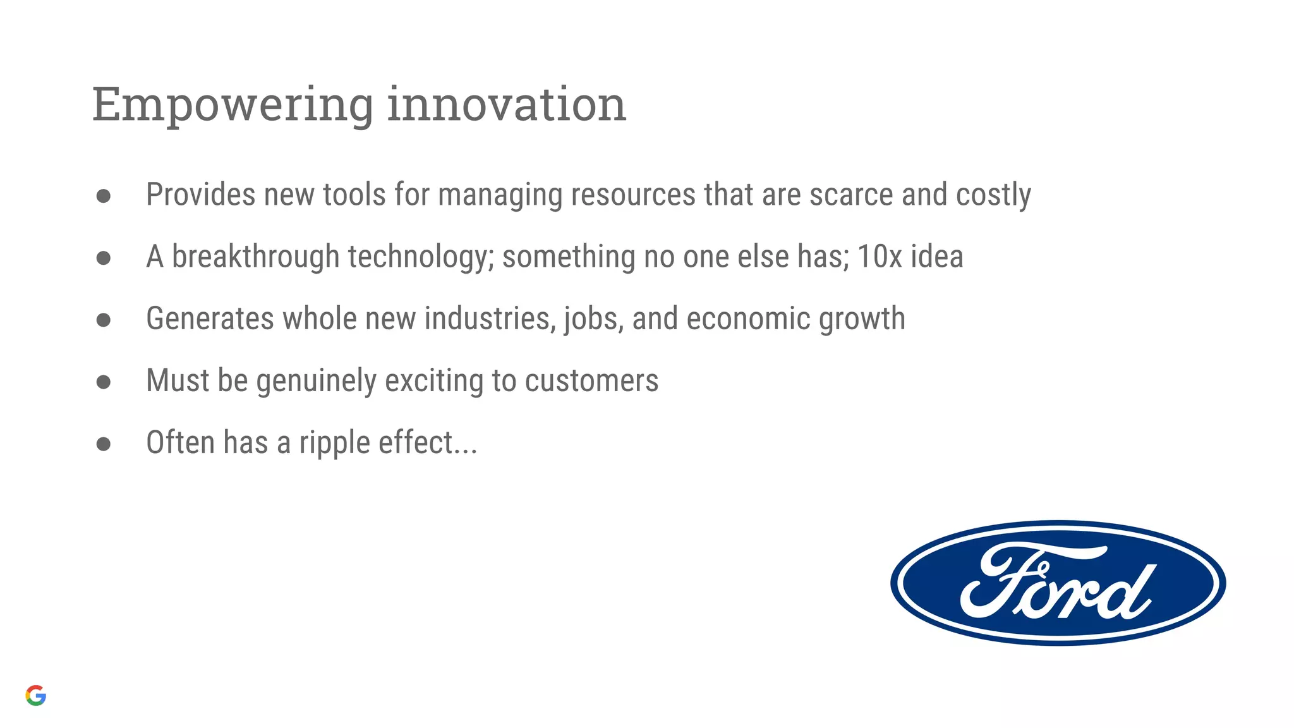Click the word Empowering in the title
pyautogui.click(x=233, y=105)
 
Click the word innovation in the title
pyautogui.click(x=506, y=105)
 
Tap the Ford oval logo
pyautogui.click(x=1058, y=583)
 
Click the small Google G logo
pyautogui.click(x=36, y=695)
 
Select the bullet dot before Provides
pyautogui.click(x=104, y=196)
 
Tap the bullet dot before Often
pyautogui.click(x=104, y=444)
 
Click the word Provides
pyautogui.click(x=200, y=195)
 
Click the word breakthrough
pyautogui.click(x=255, y=257)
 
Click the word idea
pyautogui.click(x=937, y=257)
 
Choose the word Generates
pyautogui.click(x=210, y=318)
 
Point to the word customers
pyautogui.click(x=591, y=381)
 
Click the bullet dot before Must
pyautogui.click(x=104, y=382)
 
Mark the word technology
pyautogui.click(x=421, y=257)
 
